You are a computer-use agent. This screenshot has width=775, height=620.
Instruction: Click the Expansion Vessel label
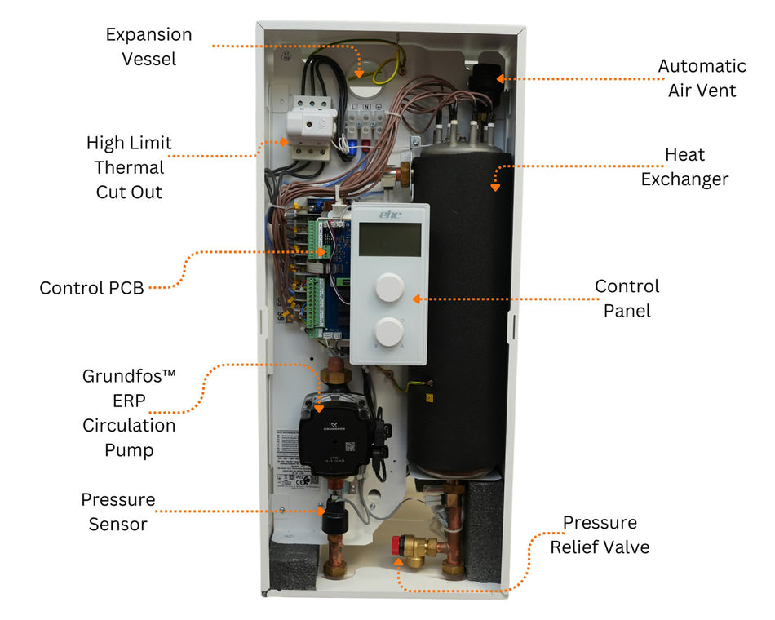[148, 46]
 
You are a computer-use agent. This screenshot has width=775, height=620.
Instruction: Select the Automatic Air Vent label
[702, 78]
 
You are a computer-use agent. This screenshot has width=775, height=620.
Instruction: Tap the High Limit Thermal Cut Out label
[129, 167]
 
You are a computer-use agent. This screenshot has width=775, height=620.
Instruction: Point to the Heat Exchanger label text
[684, 166]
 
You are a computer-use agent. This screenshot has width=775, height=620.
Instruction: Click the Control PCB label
[91, 289]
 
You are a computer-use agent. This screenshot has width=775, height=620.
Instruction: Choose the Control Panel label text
[627, 299]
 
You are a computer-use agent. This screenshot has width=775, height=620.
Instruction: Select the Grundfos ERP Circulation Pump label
[129, 413]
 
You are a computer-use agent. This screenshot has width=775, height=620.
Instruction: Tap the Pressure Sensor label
[117, 511]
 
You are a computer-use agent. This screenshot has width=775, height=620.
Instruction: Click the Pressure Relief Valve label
[600, 534]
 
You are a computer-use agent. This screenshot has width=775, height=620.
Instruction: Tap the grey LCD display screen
[390, 239]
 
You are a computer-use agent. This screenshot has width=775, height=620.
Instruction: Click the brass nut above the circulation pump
[334, 378]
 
